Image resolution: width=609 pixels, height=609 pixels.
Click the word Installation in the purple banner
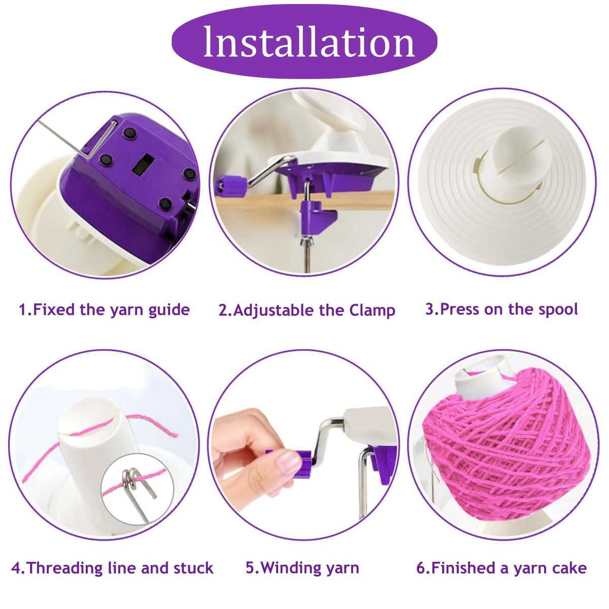coord(309,42)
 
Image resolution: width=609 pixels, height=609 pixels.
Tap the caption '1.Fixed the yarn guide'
coord(105,310)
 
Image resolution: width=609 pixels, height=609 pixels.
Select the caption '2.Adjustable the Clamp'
coord(307,311)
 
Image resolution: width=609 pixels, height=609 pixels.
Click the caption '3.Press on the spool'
coord(501,309)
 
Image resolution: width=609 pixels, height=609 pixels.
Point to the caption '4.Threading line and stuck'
coord(112,568)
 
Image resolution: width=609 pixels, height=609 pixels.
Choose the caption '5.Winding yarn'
coord(302,568)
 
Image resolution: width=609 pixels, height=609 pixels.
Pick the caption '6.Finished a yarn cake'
coord(501,568)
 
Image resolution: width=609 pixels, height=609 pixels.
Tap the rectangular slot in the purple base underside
coord(143,164)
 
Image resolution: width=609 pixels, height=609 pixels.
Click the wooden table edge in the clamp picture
coord(303,200)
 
